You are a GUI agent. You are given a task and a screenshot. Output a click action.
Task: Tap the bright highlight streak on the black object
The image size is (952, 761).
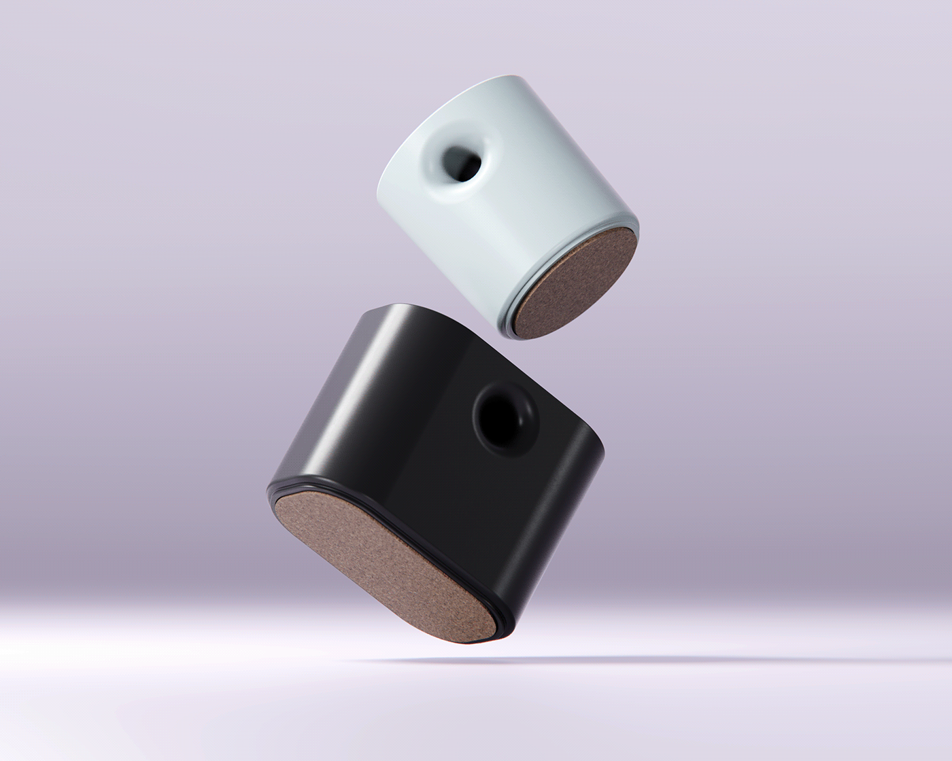click(x=340, y=408)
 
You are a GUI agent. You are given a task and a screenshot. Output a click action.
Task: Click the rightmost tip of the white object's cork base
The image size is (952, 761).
click(x=636, y=234)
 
